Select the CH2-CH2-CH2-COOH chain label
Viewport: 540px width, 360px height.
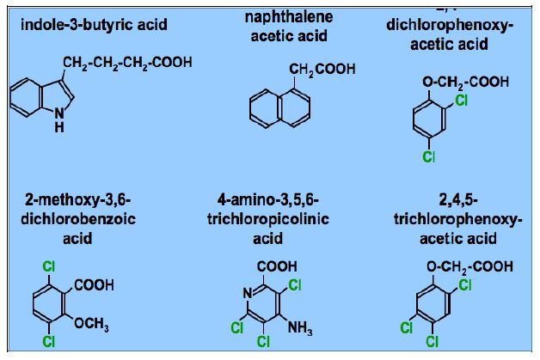126,63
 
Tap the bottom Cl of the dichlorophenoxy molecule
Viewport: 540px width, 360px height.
429,156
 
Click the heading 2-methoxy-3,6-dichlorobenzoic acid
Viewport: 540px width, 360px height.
78,218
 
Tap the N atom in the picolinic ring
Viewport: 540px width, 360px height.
246,295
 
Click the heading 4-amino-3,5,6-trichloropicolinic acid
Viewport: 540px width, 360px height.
268,218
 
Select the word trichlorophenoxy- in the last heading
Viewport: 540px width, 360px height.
453,219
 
